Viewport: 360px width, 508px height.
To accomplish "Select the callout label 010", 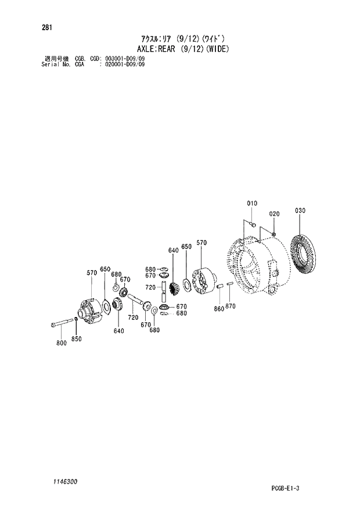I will pos(251,203).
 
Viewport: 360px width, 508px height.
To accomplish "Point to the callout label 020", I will pos(274,213).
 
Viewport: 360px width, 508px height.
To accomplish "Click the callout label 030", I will pos(300,210).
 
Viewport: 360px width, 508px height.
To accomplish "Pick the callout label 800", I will pos(61,343).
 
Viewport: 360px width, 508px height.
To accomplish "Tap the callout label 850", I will pos(76,339).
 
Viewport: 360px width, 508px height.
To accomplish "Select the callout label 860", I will pos(218,309).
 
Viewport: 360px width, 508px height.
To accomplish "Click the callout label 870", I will pos(231,306).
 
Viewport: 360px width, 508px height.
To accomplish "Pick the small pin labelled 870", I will pos(230,284).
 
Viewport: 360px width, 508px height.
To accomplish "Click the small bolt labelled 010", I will pos(251,224).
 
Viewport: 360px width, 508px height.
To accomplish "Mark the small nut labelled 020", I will pos(274,233).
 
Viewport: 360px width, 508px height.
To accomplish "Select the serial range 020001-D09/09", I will pos(124,64).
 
